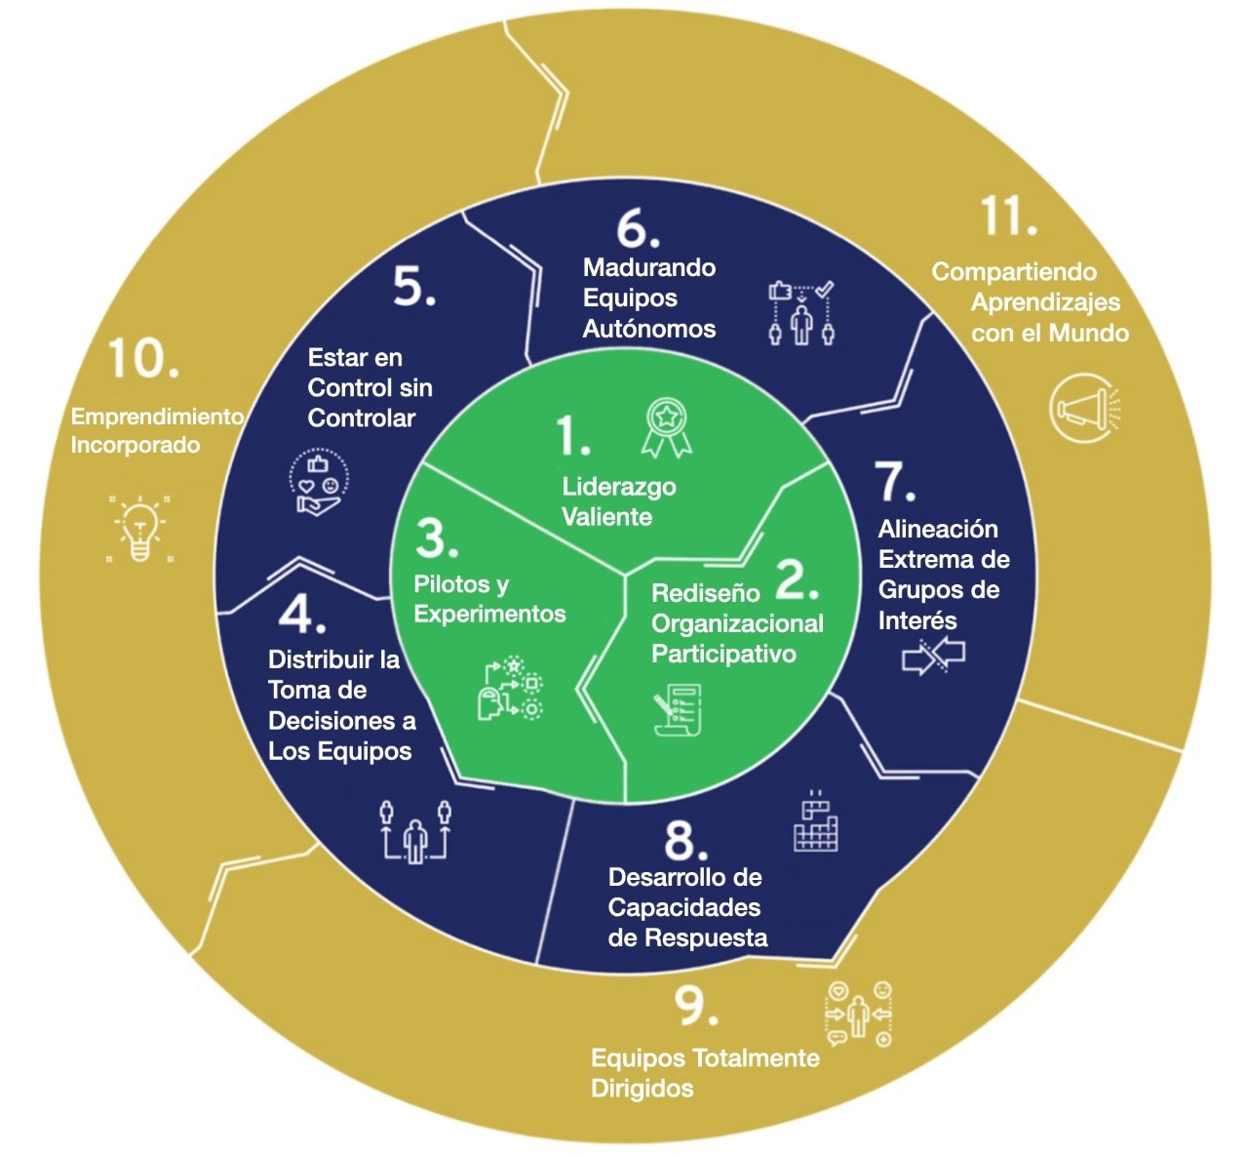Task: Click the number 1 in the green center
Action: coord(573,435)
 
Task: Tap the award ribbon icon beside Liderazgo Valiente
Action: coord(667,426)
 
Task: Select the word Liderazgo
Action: coord(618,486)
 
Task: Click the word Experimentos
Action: coord(489,614)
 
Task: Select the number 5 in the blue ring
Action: coord(413,286)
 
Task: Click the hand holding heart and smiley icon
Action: coord(319,482)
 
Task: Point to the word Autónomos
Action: coord(648,329)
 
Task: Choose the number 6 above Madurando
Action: coord(638,229)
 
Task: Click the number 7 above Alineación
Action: coord(895,481)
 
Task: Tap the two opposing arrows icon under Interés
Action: coord(933,657)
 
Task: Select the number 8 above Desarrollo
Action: coord(685,840)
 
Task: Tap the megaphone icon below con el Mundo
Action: coord(1084,409)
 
